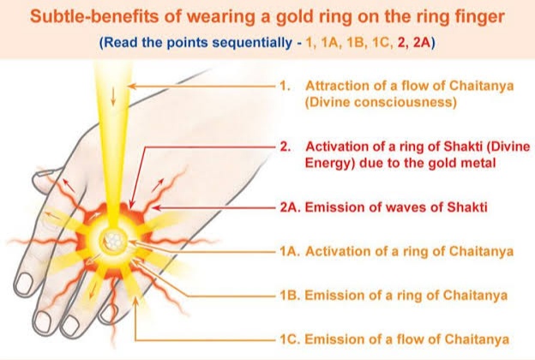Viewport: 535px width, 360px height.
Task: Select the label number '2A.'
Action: point(291,207)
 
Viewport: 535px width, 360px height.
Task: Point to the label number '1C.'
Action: point(290,339)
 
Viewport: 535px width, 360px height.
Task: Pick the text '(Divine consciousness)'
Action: point(381,102)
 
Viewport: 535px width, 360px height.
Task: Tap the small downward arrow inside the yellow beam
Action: point(113,97)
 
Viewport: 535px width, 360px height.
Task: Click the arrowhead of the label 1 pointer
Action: point(132,87)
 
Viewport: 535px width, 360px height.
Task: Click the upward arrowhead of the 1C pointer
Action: point(135,300)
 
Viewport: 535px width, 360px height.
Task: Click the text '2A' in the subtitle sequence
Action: point(423,43)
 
